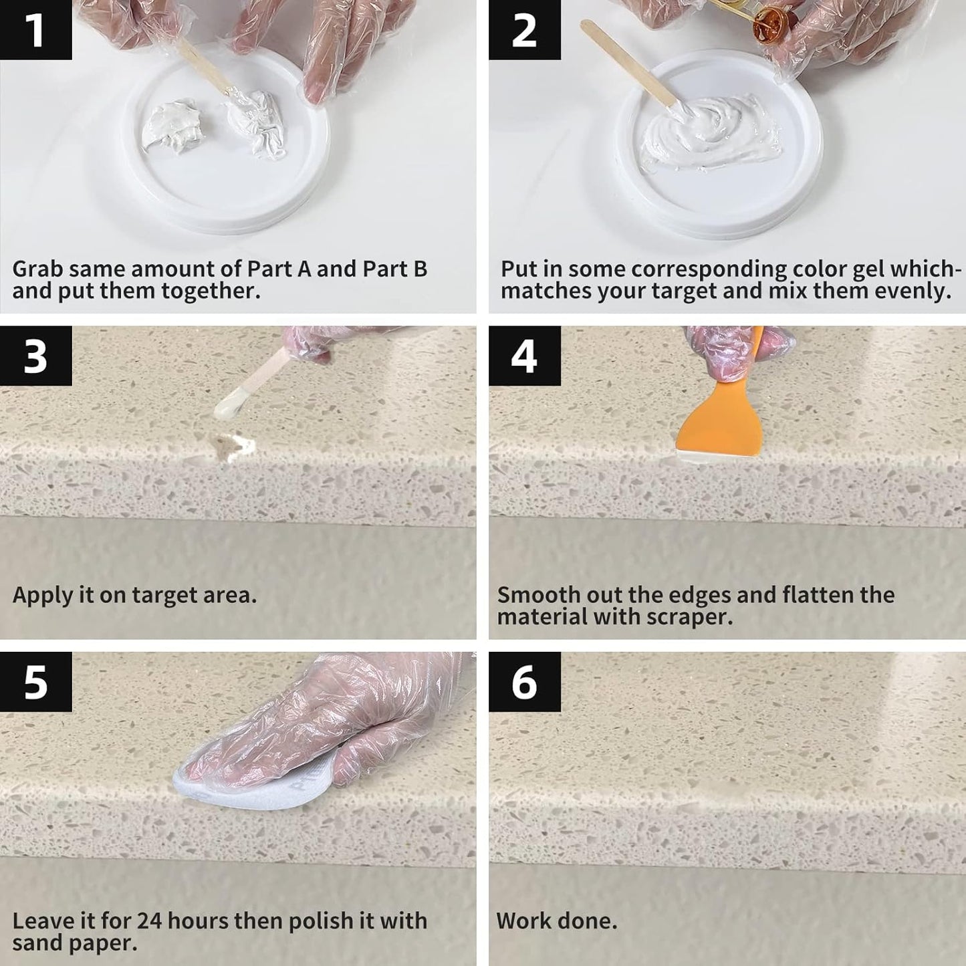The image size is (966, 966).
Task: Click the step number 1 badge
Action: click(x=35, y=29)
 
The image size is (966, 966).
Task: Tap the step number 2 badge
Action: click(x=524, y=29)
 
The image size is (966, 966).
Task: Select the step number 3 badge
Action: click(x=35, y=356)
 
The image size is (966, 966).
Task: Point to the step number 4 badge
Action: click(x=524, y=356)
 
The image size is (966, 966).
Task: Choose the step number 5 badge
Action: click(x=35, y=682)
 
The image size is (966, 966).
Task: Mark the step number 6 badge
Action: click(x=524, y=682)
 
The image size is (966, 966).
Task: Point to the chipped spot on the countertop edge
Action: click(x=227, y=447)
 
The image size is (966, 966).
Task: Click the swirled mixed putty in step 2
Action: click(x=709, y=130)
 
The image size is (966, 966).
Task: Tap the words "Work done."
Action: click(x=557, y=921)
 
